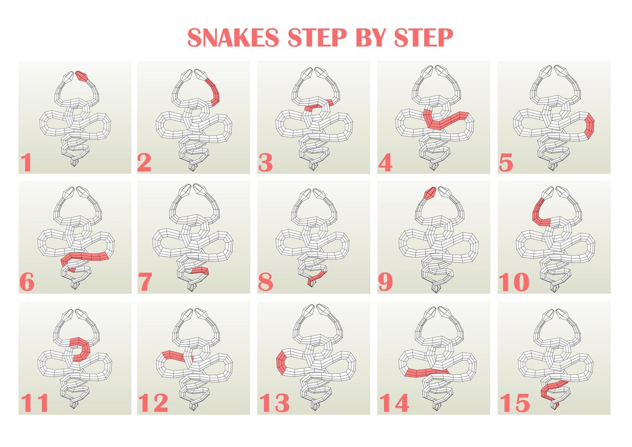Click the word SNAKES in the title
(x=233, y=38)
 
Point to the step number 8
(x=266, y=283)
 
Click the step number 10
(x=514, y=283)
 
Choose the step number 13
(x=274, y=403)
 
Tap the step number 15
(x=514, y=403)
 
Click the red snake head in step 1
(x=82, y=76)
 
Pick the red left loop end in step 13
(x=281, y=364)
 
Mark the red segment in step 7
(x=200, y=271)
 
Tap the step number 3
(x=266, y=164)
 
